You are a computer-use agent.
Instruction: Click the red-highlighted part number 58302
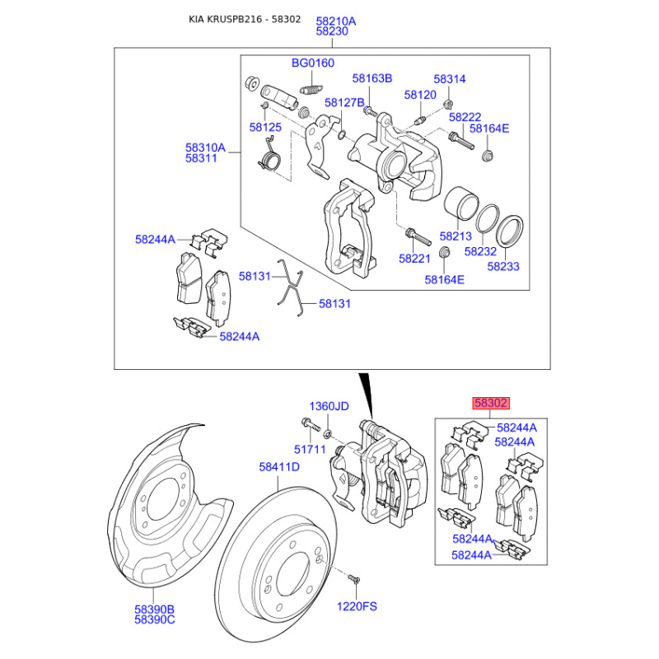click(490, 404)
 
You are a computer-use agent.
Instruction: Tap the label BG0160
click(313, 63)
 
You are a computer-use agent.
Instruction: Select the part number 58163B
click(372, 78)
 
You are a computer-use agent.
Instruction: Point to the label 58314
click(450, 78)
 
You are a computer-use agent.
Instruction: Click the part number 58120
click(420, 95)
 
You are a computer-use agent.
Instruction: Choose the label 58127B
click(344, 103)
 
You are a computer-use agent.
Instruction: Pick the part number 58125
click(265, 128)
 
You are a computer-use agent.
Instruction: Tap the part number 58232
click(480, 251)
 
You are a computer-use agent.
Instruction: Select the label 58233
click(503, 267)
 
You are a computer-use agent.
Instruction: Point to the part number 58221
click(415, 259)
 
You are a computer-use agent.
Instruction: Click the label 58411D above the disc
click(279, 467)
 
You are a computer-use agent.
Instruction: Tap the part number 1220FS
click(357, 605)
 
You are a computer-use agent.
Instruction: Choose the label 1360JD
click(329, 407)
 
